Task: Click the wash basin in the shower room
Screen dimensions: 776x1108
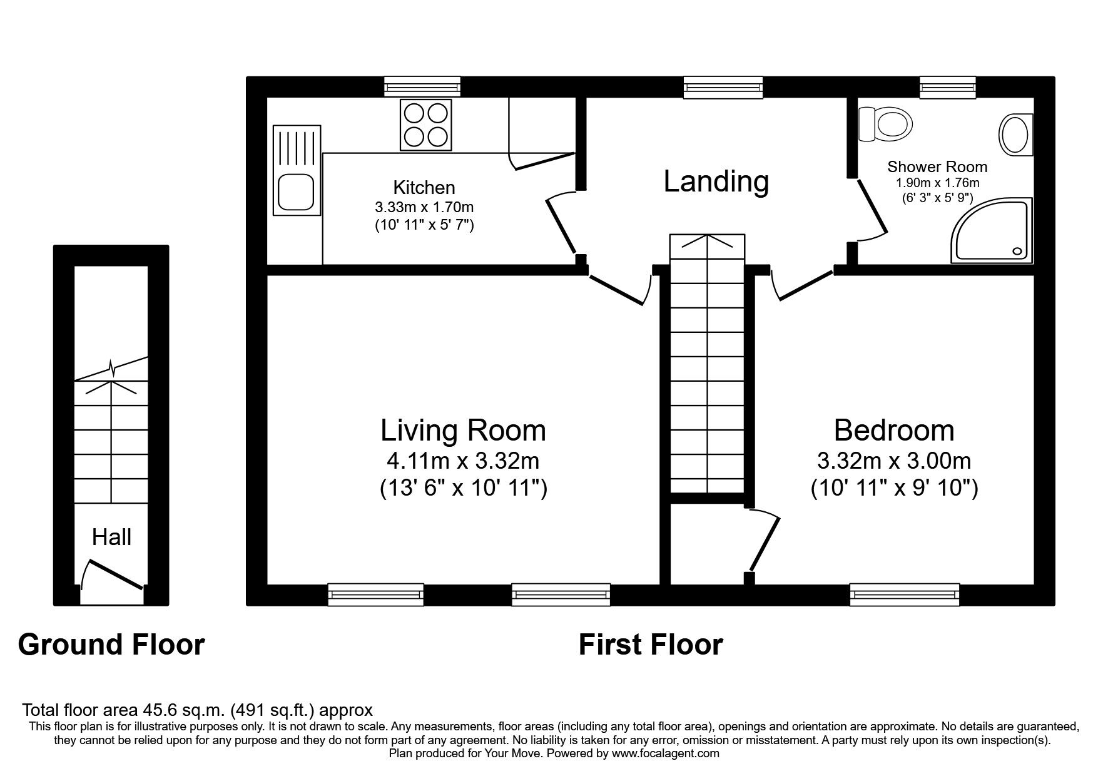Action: tap(1015, 135)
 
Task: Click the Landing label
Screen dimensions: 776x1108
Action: tap(716, 181)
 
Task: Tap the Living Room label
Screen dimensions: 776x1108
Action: tap(463, 431)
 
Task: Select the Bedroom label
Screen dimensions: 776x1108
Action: tap(894, 431)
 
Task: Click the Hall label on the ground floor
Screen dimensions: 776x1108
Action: tap(111, 537)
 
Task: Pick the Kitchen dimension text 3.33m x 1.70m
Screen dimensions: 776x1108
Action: tap(424, 207)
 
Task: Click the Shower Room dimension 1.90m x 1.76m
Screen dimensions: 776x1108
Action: tap(937, 183)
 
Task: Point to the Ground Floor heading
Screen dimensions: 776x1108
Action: tap(111, 645)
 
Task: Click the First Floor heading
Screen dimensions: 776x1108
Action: tap(650, 645)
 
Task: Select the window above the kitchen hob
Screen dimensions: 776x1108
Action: tap(422, 86)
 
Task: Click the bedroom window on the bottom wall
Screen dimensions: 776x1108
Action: tap(905, 594)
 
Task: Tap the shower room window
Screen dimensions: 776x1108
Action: tap(947, 86)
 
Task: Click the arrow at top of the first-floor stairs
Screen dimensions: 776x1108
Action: tap(707, 242)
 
